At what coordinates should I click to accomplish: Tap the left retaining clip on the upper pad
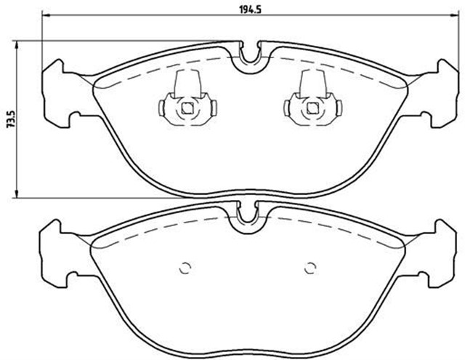tap(187, 100)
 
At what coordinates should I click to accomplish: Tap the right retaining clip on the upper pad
tap(312, 100)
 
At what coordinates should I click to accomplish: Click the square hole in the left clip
tap(187, 109)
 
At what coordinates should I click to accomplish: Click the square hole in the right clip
tap(312, 109)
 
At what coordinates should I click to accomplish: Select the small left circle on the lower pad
tap(184, 266)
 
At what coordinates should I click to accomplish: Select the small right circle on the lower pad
tap(311, 266)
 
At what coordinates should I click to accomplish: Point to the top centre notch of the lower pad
tap(246, 215)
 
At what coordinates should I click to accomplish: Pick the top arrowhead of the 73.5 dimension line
tap(17, 44)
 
